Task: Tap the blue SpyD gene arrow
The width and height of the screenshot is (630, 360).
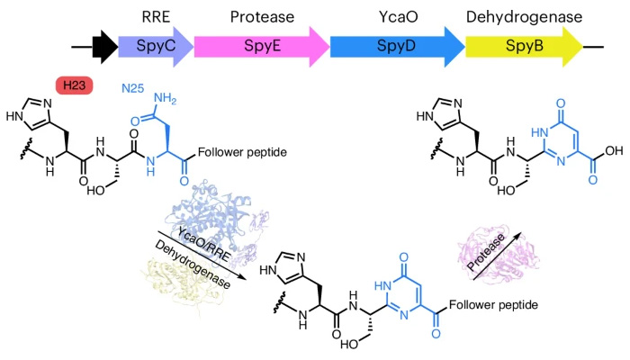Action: click(x=396, y=43)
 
